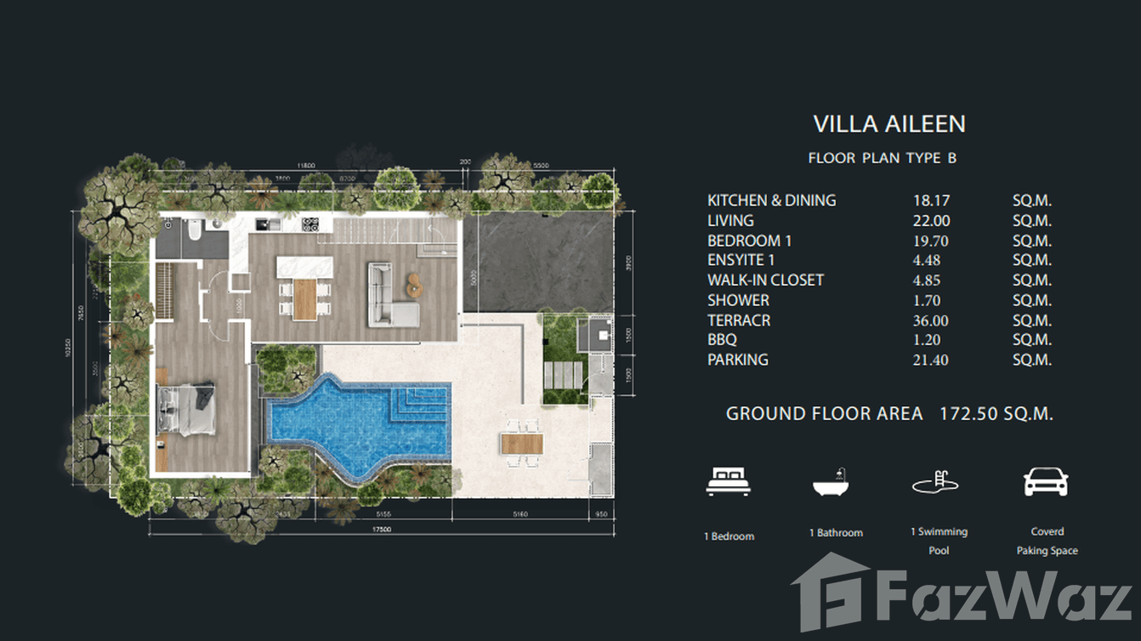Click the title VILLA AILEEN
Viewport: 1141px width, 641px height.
coord(888,124)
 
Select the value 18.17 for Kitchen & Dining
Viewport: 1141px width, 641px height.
coord(930,201)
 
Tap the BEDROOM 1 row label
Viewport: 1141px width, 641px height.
coord(749,241)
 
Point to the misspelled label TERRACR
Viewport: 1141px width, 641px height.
coord(739,320)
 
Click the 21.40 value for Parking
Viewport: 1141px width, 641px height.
coord(930,360)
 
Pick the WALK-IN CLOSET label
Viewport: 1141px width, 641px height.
coord(765,281)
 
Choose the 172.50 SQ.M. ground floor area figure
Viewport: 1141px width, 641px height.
coord(996,414)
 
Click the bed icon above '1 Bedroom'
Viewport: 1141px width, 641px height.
coord(729,482)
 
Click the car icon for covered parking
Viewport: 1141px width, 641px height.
coord(1046,482)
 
